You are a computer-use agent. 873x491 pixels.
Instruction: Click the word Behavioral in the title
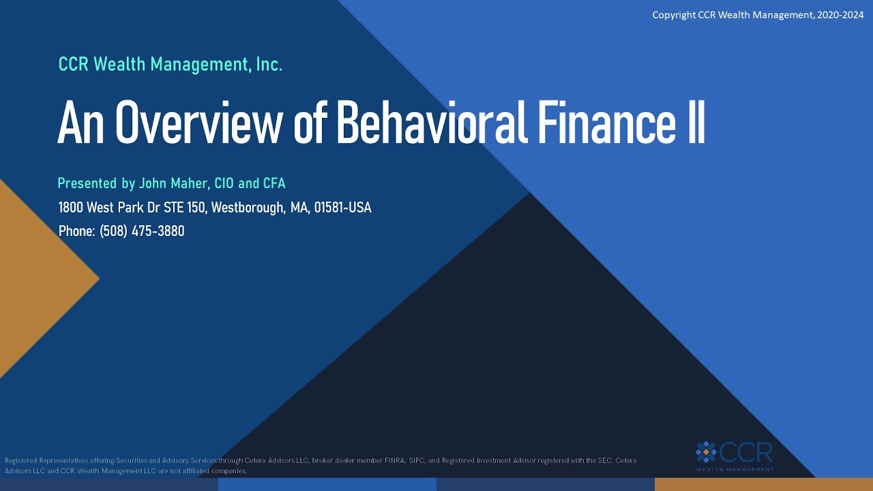[432, 123]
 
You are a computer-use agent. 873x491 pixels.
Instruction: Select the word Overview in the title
[198, 123]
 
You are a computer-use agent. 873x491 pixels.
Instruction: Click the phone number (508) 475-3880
[142, 231]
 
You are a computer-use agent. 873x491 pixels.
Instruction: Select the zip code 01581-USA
[342, 207]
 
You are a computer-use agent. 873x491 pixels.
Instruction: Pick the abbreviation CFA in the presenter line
[274, 183]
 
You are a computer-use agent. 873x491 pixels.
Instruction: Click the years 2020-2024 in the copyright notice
[840, 15]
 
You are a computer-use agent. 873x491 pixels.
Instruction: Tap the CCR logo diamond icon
[706, 451]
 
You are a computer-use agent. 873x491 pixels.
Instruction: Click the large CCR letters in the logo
[747, 451]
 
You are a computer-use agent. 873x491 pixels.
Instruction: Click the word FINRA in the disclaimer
[390, 460]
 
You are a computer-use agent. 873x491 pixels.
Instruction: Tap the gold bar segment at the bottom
[763, 484]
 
